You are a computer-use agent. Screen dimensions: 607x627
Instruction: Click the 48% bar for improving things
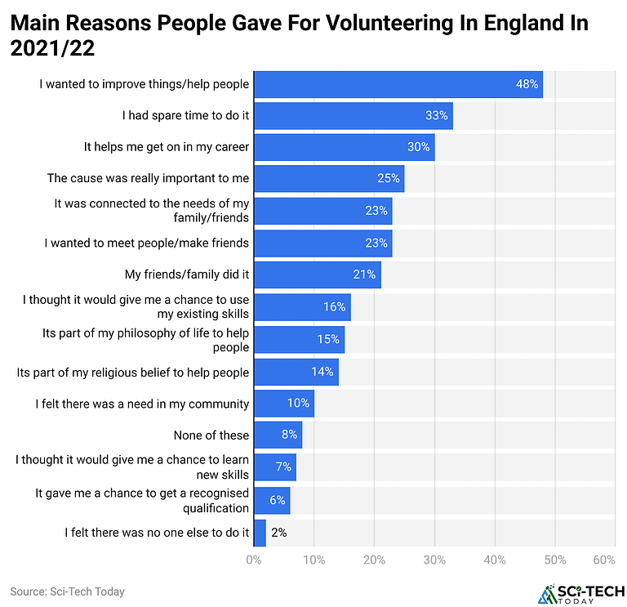[x=398, y=84]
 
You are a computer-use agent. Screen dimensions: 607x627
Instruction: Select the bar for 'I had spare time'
[x=353, y=116]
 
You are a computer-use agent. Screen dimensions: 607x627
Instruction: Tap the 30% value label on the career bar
[x=418, y=147]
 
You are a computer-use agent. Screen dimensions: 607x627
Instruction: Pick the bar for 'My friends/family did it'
[x=317, y=274]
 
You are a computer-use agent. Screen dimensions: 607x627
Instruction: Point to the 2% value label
[x=278, y=533]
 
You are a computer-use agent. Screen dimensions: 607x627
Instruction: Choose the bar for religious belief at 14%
[x=296, y=372]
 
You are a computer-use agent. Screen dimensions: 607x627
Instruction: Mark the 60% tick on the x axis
[x=604, y=560]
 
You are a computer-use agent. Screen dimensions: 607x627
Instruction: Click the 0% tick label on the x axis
[x=254, y=560]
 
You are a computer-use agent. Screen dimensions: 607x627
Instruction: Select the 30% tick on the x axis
[x=434, y=560]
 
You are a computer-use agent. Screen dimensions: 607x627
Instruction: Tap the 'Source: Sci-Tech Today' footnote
[x=67, y=591]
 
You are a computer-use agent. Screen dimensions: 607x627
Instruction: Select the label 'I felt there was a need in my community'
[x=142, y=404]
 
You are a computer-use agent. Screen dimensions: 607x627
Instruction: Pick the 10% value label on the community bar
[x=297, y=404]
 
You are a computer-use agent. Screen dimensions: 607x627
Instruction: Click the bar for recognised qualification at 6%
[x=272, y=500]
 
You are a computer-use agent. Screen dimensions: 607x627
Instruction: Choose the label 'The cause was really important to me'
[x=148, y=178]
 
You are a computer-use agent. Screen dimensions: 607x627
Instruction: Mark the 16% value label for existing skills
[x=334, y=307]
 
